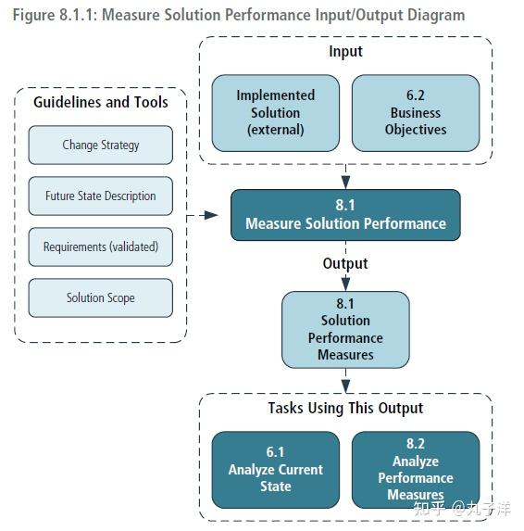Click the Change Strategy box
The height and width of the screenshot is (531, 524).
coord(100,145)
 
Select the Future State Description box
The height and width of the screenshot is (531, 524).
coord(100,196)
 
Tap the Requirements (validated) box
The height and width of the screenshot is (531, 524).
coord(100,247)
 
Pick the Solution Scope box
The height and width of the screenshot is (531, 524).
coord(100,297)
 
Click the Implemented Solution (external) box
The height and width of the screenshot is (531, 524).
coord(275,112)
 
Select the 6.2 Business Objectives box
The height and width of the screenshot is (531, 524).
coord(416,112)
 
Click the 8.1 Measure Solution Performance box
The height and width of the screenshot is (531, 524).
coord(345,214)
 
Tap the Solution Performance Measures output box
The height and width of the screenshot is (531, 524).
coord(345,329)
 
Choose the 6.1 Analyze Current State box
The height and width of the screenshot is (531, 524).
coord(275,469)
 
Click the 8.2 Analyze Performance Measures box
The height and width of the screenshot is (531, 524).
coord(416,469)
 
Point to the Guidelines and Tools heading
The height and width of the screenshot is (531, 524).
coord(100,102)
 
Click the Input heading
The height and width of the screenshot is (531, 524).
coord(345,51)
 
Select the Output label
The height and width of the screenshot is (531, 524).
coord(345,263)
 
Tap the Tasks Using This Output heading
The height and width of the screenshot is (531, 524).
coord(345,408)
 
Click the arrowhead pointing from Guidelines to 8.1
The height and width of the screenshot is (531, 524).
coord(211,214)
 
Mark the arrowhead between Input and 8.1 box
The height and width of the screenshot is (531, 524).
coord(345,181)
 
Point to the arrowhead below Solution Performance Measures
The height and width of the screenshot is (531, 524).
coord(345,384)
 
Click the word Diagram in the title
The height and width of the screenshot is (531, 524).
coord(434,15)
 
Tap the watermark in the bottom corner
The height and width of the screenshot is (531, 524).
coord(467,507)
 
